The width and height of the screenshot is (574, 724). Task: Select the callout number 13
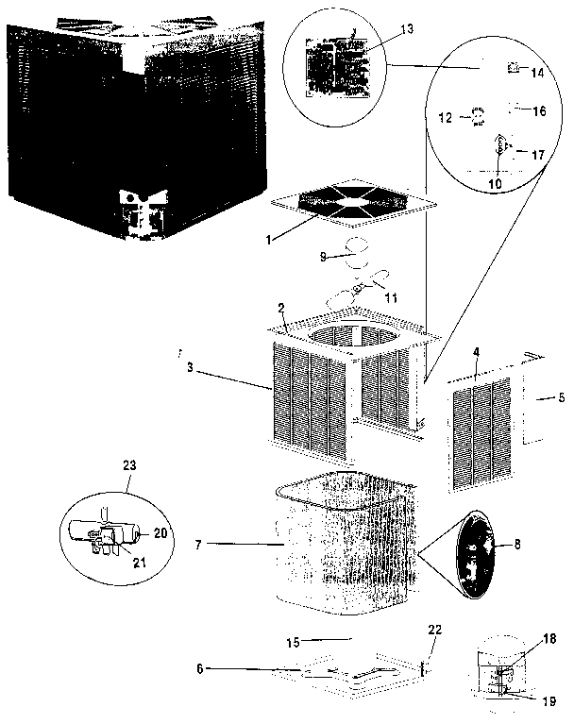pyautogui.click(x=406, y=30)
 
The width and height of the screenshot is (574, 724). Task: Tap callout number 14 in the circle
pyautogui.click(x=537, y=72)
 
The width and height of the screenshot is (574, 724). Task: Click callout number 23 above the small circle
pyautogui.click(x=130, y=464)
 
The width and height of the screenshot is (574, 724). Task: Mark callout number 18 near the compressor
pyautogui.click(x=549, y=640)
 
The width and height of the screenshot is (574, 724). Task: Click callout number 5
pyautogui.click(x=561, y=397)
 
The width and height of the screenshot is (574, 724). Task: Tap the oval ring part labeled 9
pyautogui.click(x=357, y=249)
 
